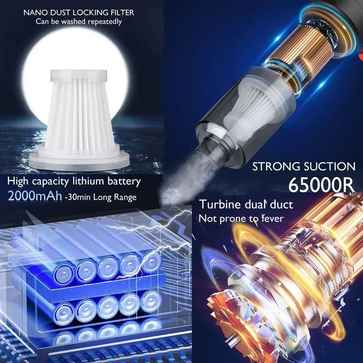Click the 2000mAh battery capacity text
[35, 196]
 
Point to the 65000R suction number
[321, 185]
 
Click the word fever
[273, 218]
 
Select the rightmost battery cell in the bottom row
[151, 301]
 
